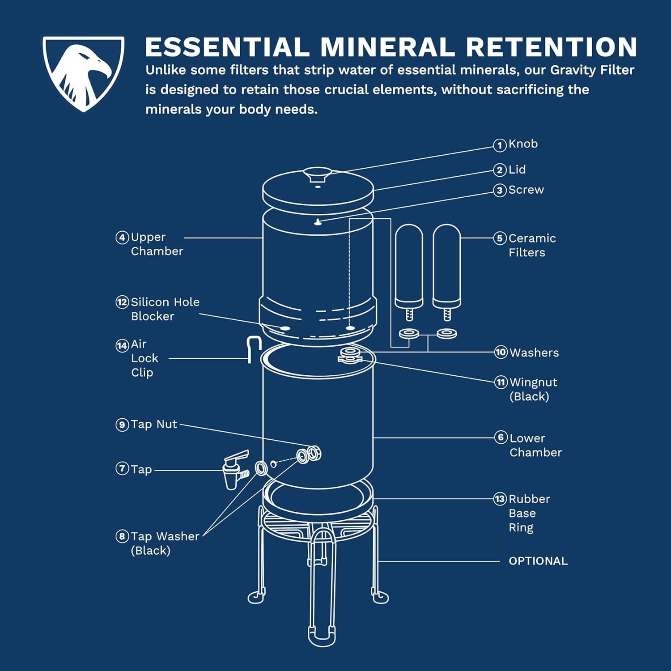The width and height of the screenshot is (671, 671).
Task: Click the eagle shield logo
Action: [x=83, y=73]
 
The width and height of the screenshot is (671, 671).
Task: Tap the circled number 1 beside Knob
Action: [x=500, y=145]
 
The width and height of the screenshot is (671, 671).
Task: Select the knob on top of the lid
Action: [x=317, y=174]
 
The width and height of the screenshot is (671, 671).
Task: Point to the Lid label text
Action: [x=517, y=170]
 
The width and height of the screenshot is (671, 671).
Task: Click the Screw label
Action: [x=526, y=190]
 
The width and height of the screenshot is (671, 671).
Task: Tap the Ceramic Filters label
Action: [x=532, y=245]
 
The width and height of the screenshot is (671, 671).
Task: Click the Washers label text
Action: [x=534, y=352]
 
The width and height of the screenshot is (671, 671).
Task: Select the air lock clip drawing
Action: [x=254, y=349]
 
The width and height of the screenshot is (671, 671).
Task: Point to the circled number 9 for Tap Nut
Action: [x=122, y=425]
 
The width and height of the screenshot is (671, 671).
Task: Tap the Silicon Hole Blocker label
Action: [x=165, y=309]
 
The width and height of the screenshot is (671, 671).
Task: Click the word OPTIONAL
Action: [x=538, y=561]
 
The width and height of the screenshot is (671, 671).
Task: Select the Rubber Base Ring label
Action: [x=529, y=513]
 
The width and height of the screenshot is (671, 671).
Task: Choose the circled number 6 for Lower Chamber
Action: [x=501, y=437]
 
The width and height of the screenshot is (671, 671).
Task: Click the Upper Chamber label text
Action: [x=157, y=244]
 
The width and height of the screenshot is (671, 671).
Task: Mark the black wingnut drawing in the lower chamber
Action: [x=349, y=355]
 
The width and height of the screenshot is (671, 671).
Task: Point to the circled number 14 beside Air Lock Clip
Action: [x=122, y=345]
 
